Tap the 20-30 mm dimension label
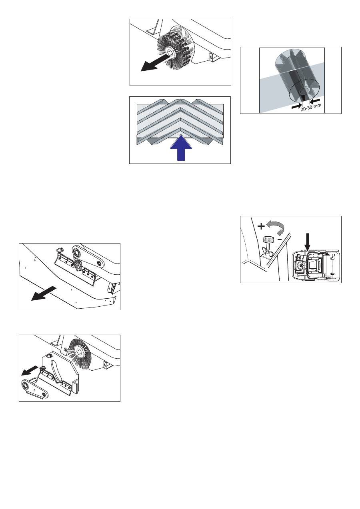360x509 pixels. pyautogui.click(x=311, y=107)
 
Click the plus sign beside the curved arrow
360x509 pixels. pyautogui.click(x=261, y=226)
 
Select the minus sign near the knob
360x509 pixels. pyautogui.click(x=280, y=239)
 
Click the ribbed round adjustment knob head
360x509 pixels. pyautogui.click(x=268, y=240)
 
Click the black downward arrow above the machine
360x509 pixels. pyautogui.click(x=307, y=242)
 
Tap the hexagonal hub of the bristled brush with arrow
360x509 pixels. pyautogui.click(x=169, y=52)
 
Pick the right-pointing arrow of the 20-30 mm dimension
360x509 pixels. pyautogui.click(x=297, y=106)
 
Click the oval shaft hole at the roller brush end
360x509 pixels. pyautogui.click(x=303, y=91)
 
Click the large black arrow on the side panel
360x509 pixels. pyautogui.click(x=44, y=293)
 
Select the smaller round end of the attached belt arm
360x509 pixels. pyautogui.click(x=99, y=263)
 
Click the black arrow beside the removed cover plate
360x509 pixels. pyautogui.click(x=29, y=371)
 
